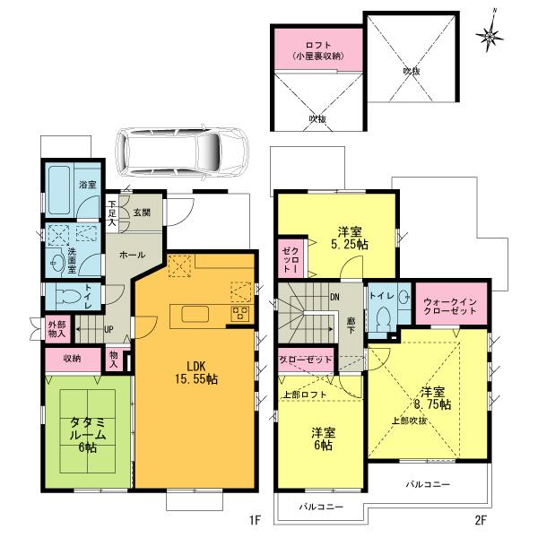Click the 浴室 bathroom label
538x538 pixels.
[87, 185]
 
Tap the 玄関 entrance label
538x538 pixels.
[143, 213]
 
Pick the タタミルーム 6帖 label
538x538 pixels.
[87, 434]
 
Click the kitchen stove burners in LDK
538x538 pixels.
[241, 314]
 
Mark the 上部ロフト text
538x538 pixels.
[304, 395]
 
